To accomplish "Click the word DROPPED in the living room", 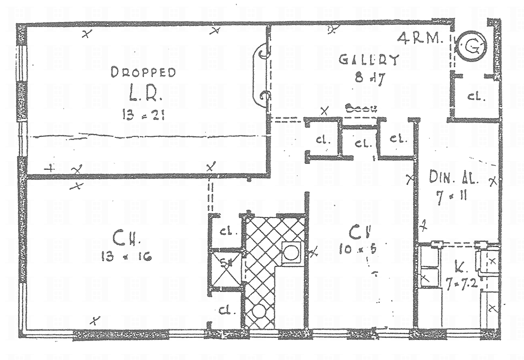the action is pos(143,72).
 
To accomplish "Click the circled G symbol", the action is pos(472,47).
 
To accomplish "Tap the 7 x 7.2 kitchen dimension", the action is pos(462,283).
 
